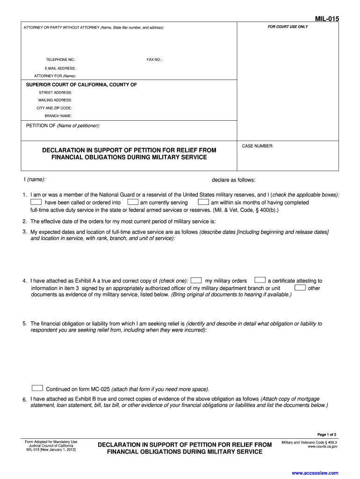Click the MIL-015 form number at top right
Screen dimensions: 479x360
(326, 19)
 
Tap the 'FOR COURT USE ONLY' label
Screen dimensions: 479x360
(288, 27)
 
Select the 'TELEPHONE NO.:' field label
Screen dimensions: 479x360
(61, 60)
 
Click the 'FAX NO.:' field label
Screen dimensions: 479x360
(154, 60)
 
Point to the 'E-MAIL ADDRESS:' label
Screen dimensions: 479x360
(60, 68)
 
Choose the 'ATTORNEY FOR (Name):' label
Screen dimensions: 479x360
(55, 76)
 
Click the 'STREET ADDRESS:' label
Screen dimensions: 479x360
(56, 93)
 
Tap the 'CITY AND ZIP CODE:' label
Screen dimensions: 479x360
(54, 108)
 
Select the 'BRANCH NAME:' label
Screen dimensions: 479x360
(58, 116)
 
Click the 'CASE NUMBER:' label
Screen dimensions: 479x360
(258, 146)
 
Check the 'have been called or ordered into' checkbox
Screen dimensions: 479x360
(36, 202)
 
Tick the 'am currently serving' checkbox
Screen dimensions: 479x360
(133, 202)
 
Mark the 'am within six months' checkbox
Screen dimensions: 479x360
(203, 202)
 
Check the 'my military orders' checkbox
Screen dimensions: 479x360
(196, 280)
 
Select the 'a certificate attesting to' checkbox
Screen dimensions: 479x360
(260, 280)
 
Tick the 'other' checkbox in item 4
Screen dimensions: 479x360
(300, 288)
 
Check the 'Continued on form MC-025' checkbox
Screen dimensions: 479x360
(37, 388)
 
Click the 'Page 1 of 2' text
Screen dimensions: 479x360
(327, 435)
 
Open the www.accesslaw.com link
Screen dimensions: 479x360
(315, 473)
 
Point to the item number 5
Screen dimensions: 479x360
(24, 324)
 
